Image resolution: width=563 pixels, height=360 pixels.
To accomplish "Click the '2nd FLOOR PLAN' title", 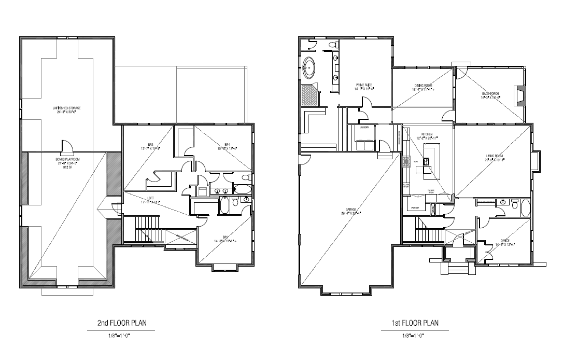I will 122,323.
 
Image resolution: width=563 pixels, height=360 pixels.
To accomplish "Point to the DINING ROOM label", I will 423,87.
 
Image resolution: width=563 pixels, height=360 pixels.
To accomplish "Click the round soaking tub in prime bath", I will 309,66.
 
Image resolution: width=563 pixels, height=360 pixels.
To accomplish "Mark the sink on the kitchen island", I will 427,168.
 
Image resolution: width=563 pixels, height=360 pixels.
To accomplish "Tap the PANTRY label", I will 415,207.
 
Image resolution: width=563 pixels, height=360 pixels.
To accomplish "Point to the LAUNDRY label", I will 365,127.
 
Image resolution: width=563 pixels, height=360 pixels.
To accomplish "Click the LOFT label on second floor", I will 151,200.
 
